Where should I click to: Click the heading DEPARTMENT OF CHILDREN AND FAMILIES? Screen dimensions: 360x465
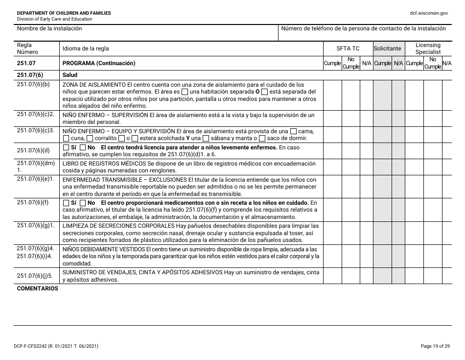coord(64,13)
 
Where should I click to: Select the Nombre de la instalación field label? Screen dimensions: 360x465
coord(49,29)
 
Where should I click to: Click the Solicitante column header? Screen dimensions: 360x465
coord(387,48)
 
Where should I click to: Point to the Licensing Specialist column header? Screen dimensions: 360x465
coord(428,48)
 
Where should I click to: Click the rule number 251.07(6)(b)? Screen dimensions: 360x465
coord(33,85)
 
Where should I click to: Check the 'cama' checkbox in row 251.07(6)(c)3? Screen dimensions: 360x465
coord(293,131)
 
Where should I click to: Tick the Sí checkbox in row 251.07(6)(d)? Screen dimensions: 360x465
coord(66,147)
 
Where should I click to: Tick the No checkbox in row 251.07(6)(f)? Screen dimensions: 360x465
coord(83,203)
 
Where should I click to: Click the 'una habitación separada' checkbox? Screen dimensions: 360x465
coord(184,92)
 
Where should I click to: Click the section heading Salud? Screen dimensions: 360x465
coord(70,75)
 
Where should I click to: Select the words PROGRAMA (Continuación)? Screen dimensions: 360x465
coord(99,63)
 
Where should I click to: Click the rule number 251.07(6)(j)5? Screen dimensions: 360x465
coord(34,276)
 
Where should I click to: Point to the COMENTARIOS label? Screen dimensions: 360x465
coord(38,288)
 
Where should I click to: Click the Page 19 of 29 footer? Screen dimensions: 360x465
coord(435,346)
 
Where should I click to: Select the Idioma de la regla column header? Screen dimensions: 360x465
coord(86,48)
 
